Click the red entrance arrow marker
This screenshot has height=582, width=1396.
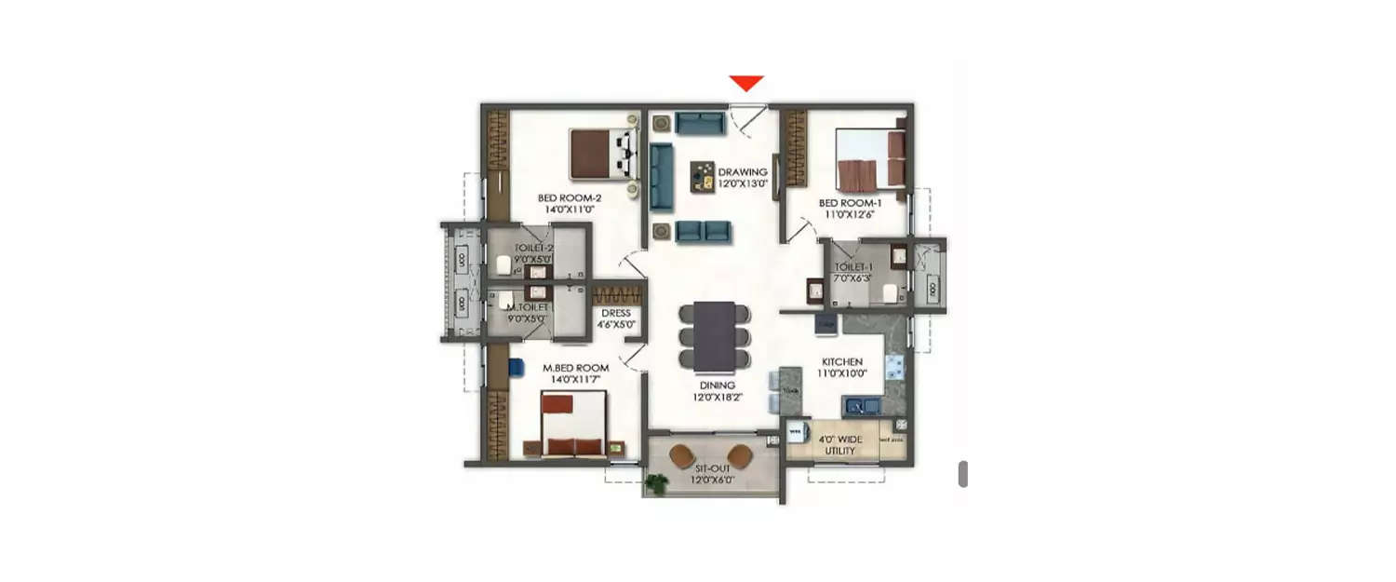pos(746,84)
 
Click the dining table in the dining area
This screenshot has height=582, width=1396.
pos(715,335)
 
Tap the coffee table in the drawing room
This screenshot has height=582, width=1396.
pos(703,177)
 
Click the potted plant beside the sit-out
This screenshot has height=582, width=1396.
pos(657,483)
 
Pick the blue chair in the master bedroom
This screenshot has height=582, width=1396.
pos(516,367)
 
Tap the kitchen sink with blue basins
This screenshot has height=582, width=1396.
pos(862,405)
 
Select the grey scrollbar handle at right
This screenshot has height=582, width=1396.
pos(963,473)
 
